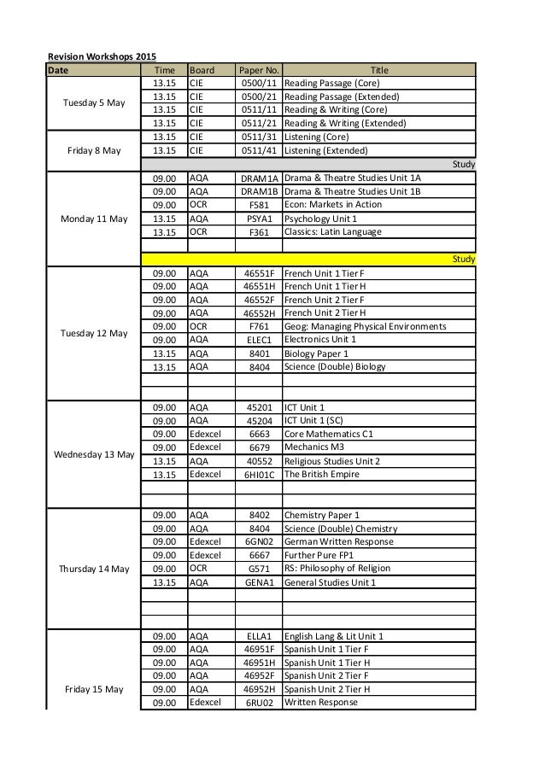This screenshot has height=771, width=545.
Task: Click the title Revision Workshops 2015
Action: [96, 55]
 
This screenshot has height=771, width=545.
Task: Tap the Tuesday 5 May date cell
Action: [94, 103]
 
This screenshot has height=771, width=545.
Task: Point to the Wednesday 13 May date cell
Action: [94, 454]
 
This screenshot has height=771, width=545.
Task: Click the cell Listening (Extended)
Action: [325, 151]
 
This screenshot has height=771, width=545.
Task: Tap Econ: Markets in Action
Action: [333, 205]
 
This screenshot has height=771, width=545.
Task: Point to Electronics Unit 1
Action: [319, 340]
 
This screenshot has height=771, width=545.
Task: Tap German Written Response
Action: [339, 542]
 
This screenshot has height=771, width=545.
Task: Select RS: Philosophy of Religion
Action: [341, 569]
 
